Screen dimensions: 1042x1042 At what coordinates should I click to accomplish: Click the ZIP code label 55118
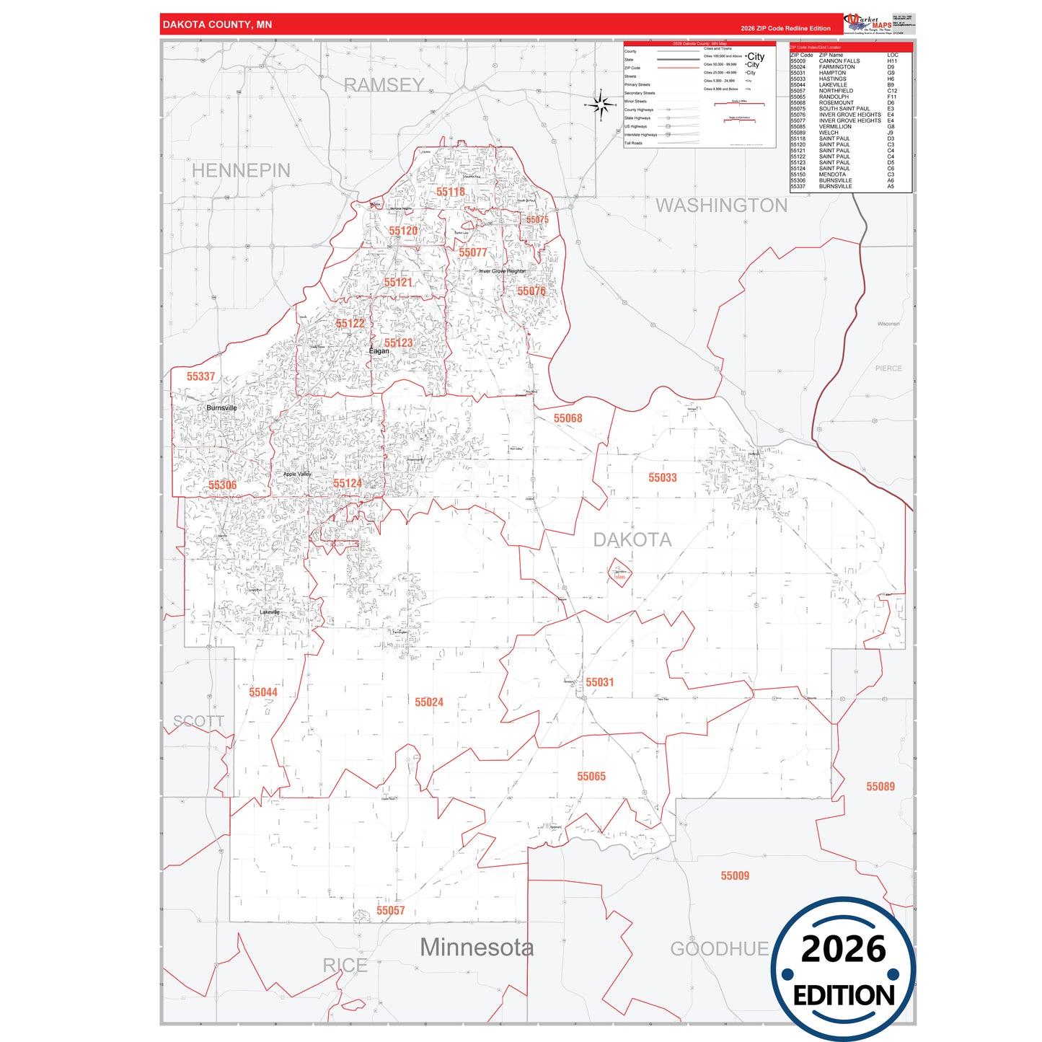point(450,192)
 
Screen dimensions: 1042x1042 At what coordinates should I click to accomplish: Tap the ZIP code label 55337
point(200,376)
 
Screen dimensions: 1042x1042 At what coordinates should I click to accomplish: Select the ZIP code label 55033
point(662,477)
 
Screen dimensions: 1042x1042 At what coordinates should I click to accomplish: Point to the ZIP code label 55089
point(880,787)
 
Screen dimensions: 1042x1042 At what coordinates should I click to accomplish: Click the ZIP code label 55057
point(390,911)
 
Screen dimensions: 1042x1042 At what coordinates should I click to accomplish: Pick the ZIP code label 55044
point(262,692)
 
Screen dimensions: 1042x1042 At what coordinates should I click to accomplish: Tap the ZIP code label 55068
point(568,418)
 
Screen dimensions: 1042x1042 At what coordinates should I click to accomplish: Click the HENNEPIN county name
point(241,171)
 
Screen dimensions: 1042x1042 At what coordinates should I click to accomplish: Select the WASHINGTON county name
point(721,206)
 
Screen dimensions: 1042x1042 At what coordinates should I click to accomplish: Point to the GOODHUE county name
point(719,949)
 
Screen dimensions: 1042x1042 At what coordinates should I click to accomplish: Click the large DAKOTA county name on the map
point(632,539)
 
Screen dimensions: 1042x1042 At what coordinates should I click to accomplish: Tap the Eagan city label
point(379,351)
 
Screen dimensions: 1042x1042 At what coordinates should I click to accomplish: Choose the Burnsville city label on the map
point(221,408)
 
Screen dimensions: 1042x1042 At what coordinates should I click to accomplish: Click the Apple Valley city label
point(297,474)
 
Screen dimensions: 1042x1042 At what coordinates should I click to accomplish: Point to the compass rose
point(600,105)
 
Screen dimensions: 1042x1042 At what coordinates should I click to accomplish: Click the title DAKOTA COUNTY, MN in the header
point(217,25)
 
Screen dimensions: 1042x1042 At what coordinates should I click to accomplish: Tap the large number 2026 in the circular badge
point(843,949)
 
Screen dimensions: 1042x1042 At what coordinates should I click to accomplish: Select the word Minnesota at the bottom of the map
point(477,948)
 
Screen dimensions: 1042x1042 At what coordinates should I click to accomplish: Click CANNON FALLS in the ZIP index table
point(839,61)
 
